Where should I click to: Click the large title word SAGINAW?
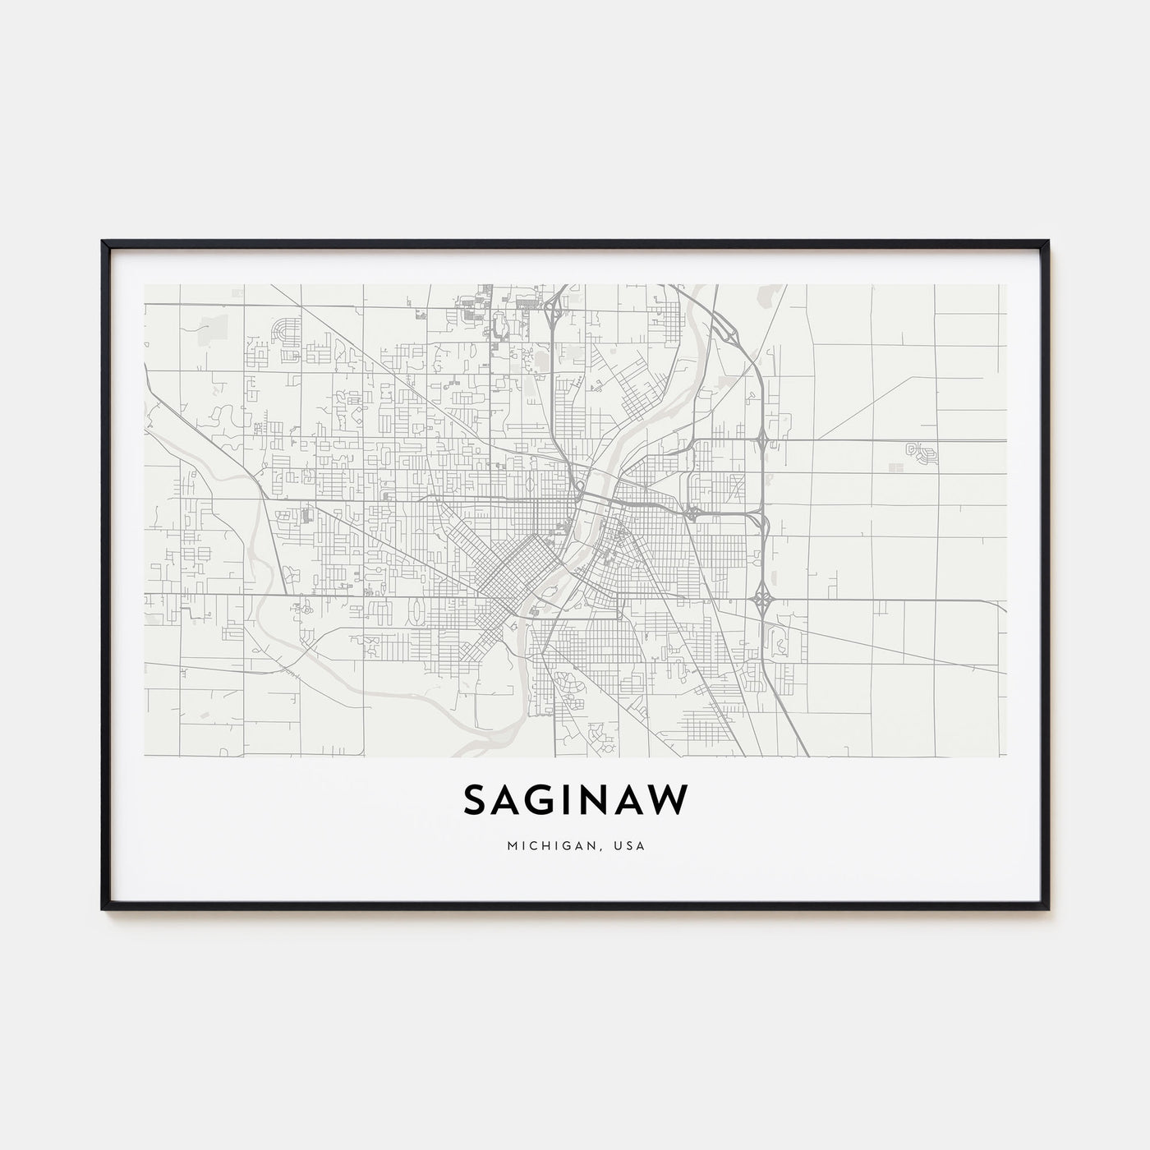575,799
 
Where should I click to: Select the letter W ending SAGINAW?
670,799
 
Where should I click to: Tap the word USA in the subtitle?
632,846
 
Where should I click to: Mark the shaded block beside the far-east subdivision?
896,467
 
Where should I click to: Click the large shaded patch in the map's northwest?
211,326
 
